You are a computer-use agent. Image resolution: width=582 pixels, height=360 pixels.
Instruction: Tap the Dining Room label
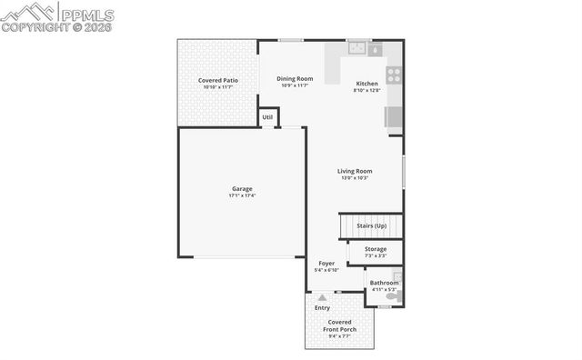(x=295, y=79)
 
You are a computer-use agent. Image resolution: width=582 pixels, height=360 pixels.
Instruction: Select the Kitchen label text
(x=366, y=84)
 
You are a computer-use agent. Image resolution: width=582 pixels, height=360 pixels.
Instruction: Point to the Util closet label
(x=267, y=117)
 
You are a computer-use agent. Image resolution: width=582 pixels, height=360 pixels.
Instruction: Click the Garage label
(x=242, y=188)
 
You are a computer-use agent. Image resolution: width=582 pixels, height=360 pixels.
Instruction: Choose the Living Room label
(x=355, y=171)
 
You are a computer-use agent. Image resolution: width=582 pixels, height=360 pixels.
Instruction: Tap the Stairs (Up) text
(x=371, y=225)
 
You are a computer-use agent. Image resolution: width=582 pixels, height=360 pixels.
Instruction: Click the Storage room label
(x=375, y=248)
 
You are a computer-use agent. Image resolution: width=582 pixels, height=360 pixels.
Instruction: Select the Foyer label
(x=326, y=263)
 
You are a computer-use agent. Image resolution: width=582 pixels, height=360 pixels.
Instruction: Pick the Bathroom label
(x=384, y=283)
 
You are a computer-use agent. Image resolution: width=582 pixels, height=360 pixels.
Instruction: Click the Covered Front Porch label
(x=340, y=325)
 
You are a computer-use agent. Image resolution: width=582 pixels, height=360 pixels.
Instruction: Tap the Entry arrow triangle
(x=322, y=297)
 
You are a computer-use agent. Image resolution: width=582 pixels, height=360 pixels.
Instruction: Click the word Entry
(x=323, y=308)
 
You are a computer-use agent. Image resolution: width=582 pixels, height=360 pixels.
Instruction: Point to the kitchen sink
(x=356, y=49)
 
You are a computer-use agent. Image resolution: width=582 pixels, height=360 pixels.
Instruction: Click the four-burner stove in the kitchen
(x=395, y=75)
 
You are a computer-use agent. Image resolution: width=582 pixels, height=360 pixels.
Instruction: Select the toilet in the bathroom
(x=393, y=296)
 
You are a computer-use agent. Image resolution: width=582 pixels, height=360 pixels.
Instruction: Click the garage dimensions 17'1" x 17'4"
(x=242, y=195)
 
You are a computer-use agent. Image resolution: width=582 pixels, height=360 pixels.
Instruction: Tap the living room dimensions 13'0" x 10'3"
(x=355, y=178)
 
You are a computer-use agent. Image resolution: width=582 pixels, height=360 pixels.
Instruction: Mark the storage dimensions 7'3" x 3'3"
(x=375, y=255)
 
